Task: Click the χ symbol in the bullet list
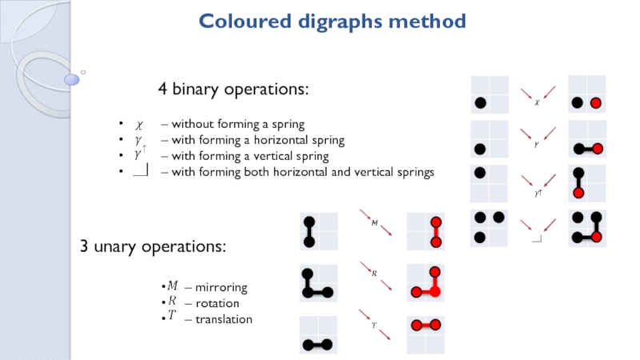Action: coord(138,125)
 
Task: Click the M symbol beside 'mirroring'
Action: coord(172,286)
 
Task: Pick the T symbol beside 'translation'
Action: coord(171,318)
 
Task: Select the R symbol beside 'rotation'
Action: coord(171,302)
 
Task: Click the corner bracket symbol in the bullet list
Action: coord(141,171)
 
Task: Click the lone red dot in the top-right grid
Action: coord(595,103)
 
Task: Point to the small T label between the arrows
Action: coord(374,326)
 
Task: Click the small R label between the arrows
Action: coord(374,274)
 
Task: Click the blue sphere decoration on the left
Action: coord(72,79)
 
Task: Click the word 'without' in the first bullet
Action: coord(191,125)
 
